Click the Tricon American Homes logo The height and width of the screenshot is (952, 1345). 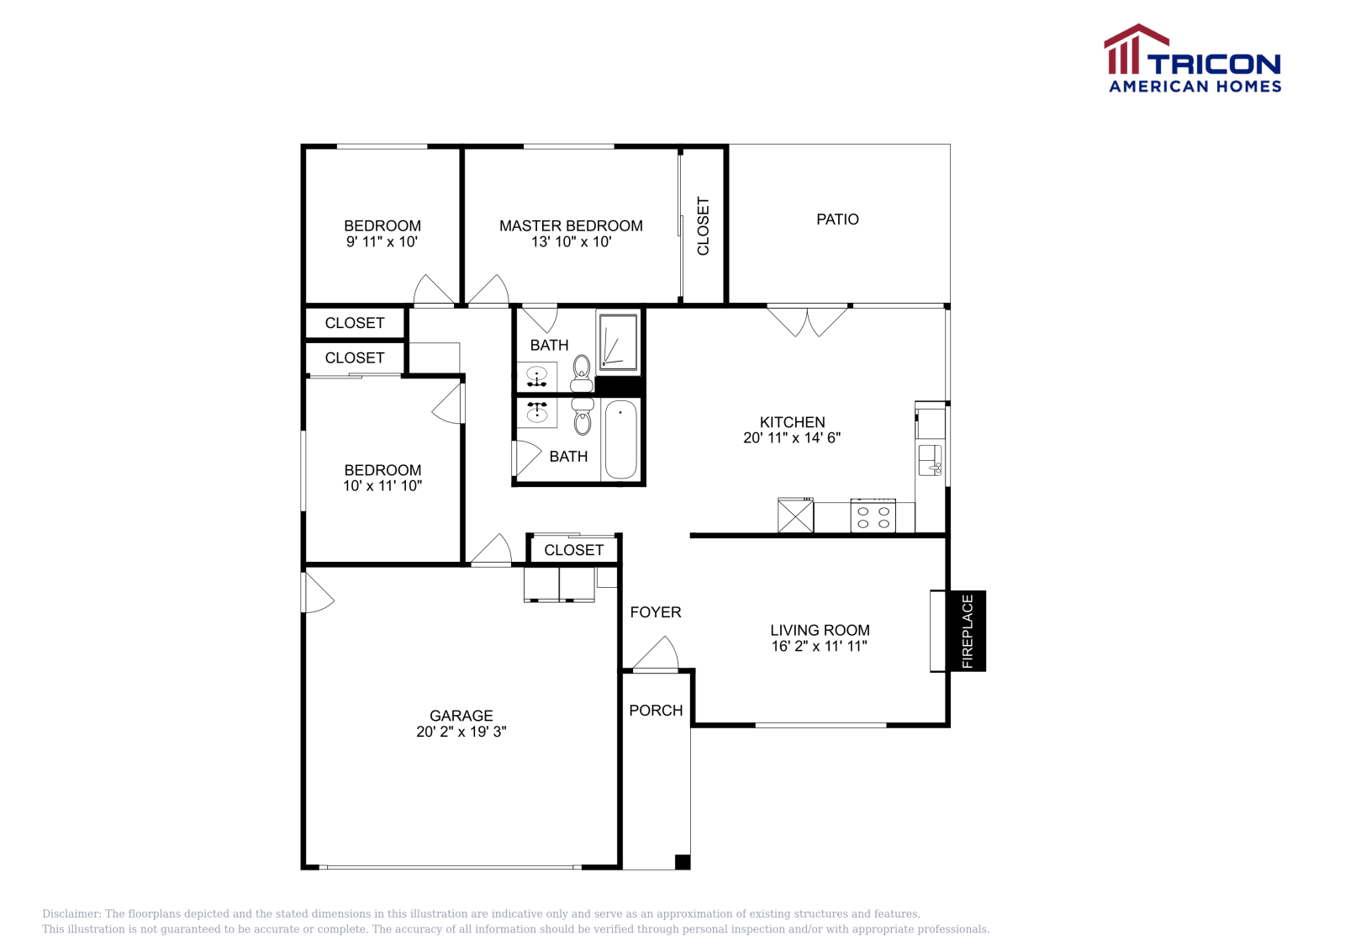click(x=1193, y=58)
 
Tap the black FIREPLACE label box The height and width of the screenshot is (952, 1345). click(x=967, y=631)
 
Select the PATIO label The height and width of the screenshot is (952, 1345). click(x=837, y=219)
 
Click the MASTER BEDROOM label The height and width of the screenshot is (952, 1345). click(x=571, y=226)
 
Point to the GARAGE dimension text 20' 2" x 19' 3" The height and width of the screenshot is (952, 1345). click(x=462, y=732)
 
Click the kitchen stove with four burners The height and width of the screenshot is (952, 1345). click(x=873, y=516)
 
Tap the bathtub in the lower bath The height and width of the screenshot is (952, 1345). click(x=620, y=441)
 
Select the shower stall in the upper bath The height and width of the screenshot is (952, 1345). click(x=618, y=341)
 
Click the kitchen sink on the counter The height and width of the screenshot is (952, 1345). click(x=930, y=461)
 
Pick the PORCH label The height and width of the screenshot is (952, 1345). click(x=656, y=711)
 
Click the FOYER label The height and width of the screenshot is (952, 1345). click(x=655, y=612)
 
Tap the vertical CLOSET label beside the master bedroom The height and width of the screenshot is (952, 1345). click(x=703, y=226)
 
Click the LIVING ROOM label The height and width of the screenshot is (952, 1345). click(x=820, y=630)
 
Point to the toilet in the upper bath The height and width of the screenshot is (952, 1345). click(x=581, y=373)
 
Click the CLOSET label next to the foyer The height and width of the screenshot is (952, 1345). click(x=573, y=550)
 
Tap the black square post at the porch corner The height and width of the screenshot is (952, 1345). click(x=682, y=862)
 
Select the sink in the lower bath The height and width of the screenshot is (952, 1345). click(x=537, y=412)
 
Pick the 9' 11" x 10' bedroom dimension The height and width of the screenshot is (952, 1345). click(x=382, y=242)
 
